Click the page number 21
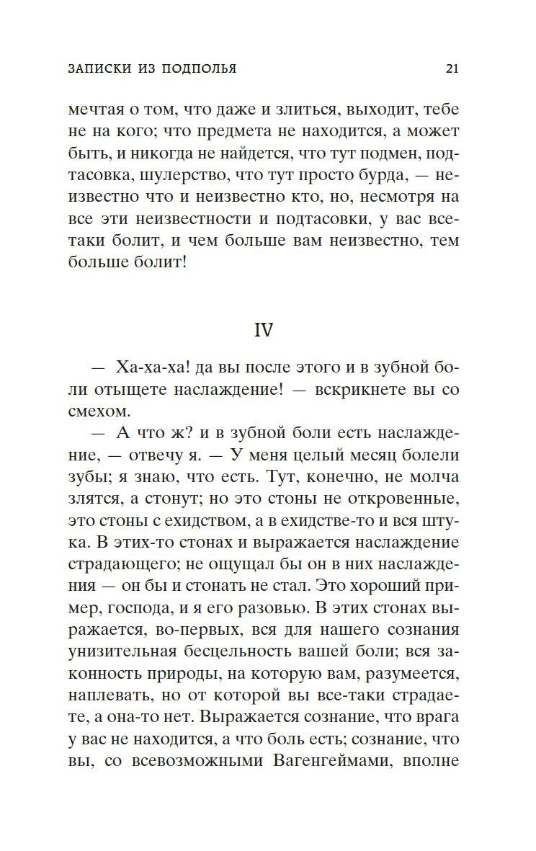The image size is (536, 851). point(452,69)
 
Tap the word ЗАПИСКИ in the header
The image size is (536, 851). point(98,69)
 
